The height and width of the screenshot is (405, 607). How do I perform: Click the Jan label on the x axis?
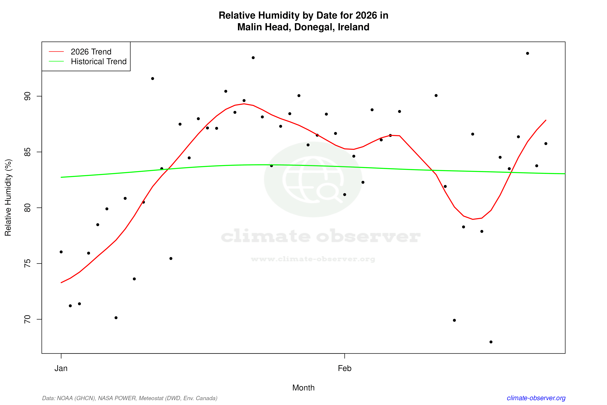click(61, 368)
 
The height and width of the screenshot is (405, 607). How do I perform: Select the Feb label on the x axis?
click(345, 368)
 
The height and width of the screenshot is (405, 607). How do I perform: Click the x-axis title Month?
click(303, 388)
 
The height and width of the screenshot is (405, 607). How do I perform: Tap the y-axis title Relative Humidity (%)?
click(8, 198)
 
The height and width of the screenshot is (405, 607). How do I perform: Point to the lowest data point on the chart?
click(491, 342)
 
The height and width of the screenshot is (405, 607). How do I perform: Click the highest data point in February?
click(528, 53)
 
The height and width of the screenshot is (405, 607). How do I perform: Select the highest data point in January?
click(253, 58)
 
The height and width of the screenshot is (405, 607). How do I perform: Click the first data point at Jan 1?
click(61, 252)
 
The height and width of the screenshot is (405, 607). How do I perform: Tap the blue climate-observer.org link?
click(536, 398)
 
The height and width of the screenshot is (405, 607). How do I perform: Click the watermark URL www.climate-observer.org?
click(313, 259)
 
